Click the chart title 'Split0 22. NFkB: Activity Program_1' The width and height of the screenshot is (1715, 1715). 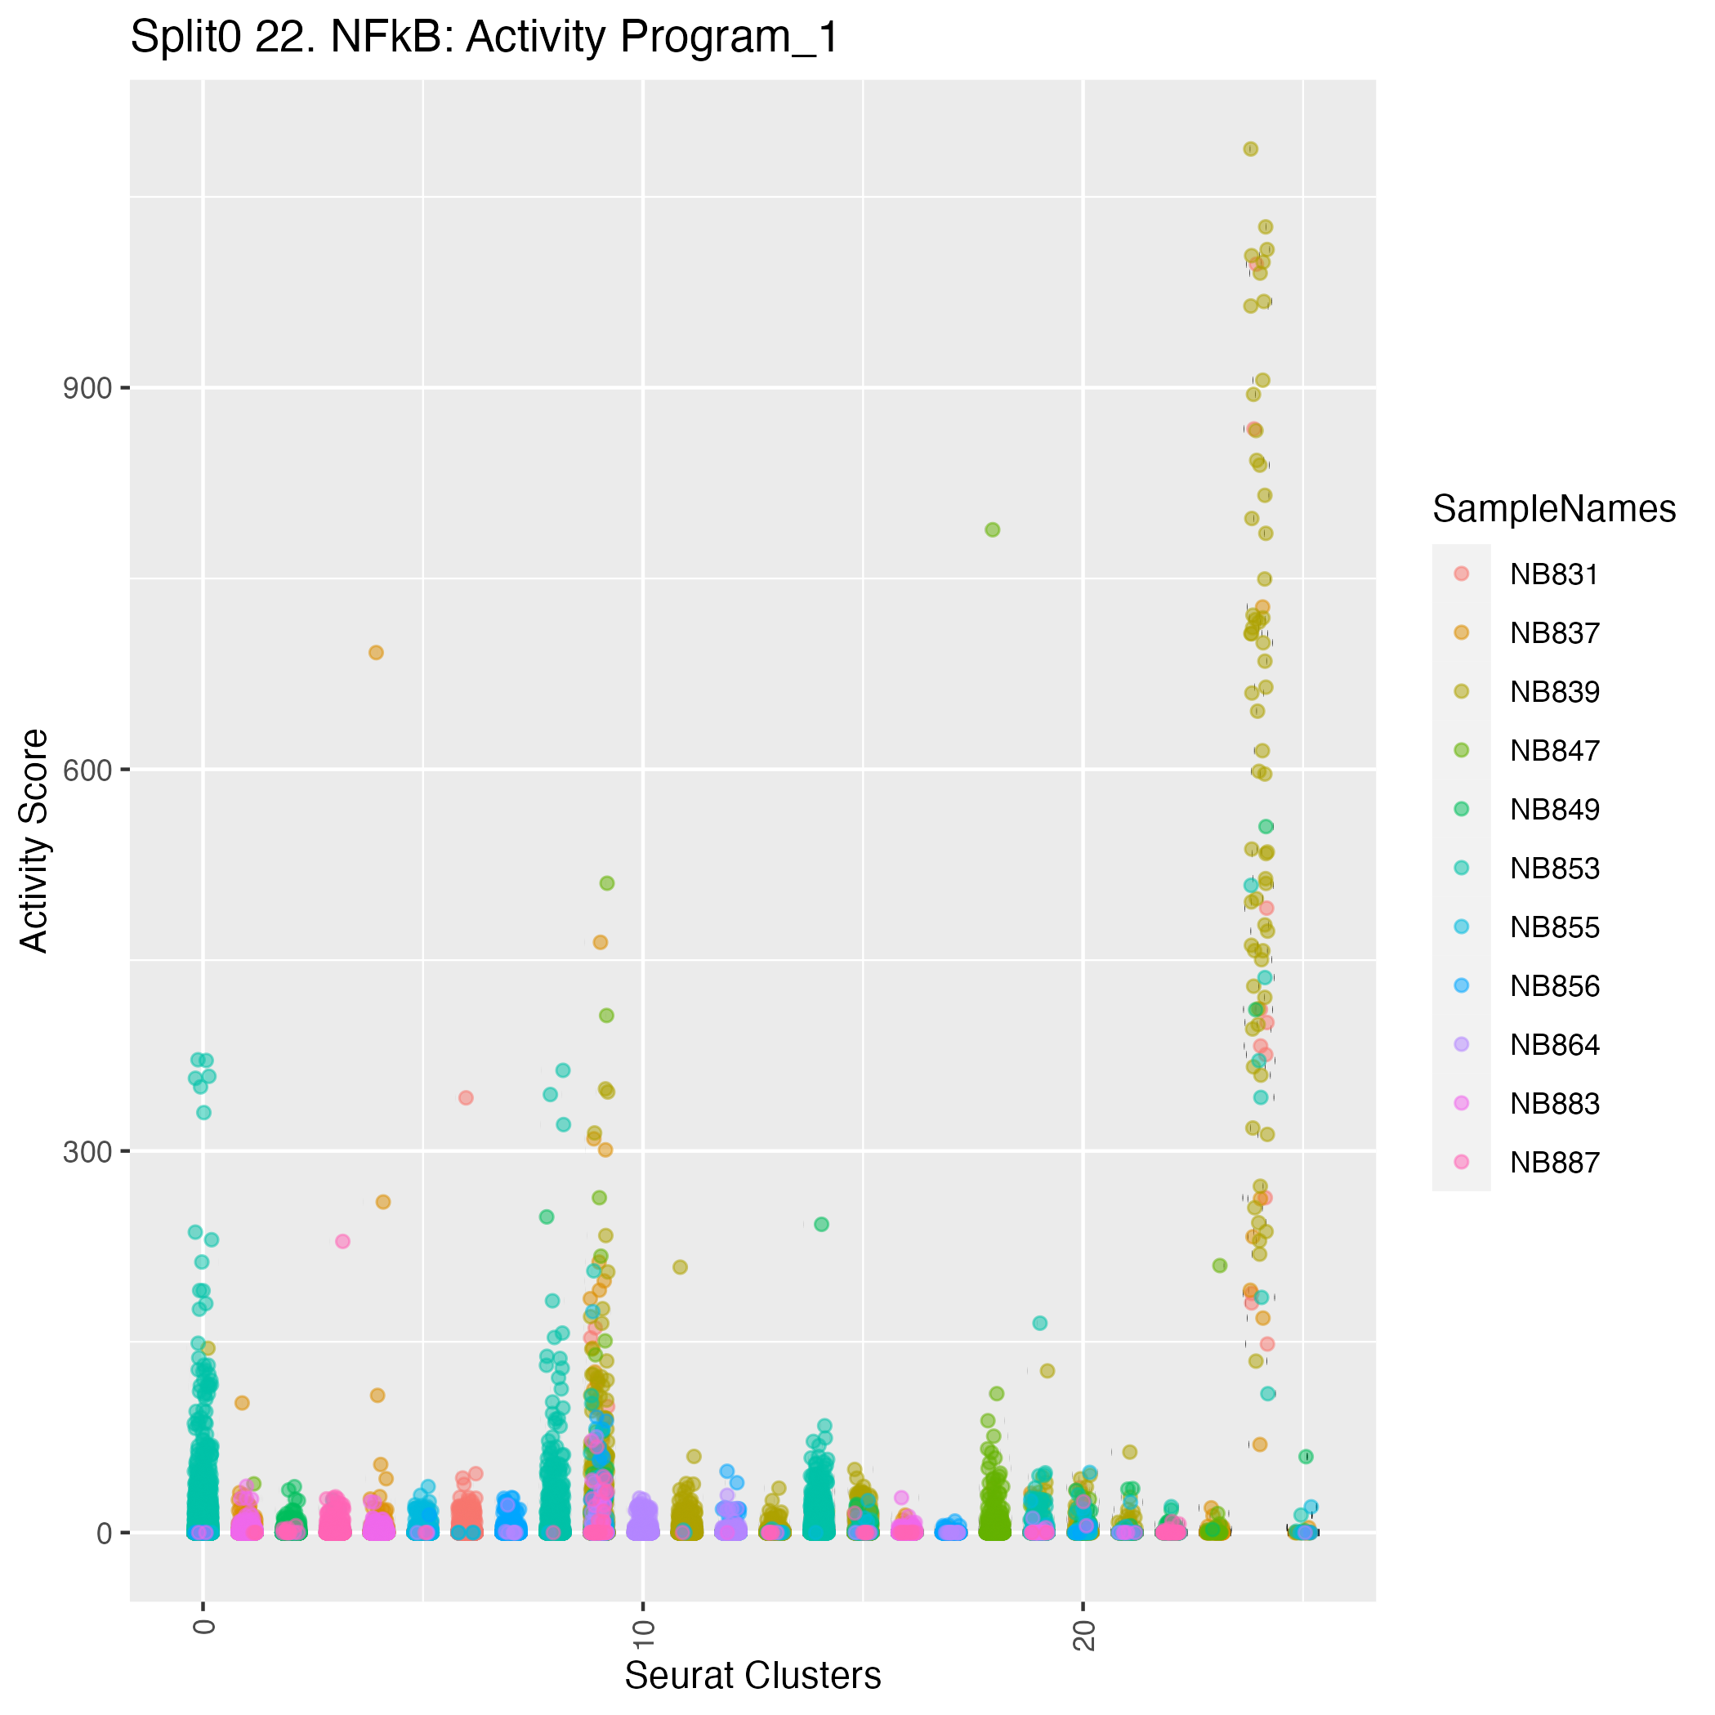click(484, 38)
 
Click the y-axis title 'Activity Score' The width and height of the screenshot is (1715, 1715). click(34, 841)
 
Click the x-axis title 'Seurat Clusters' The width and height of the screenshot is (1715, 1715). click(753, 1675)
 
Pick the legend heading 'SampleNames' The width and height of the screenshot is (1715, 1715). click(1553, 509)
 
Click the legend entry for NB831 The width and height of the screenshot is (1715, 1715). click(1553, 574)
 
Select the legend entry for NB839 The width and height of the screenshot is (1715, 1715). click(1553, 692)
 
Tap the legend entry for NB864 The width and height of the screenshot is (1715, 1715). click(1553, 1045)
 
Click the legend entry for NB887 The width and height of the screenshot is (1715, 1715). click(1553, 1162)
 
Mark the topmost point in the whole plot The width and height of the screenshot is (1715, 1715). click(1251, 150)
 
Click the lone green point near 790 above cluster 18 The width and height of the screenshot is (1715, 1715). click(993, 530)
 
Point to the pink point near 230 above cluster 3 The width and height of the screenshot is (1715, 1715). click(342, 1241)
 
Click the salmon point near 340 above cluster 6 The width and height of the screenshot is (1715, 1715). click(465, 1097)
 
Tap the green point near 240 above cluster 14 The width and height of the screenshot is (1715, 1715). click(821, 1224)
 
